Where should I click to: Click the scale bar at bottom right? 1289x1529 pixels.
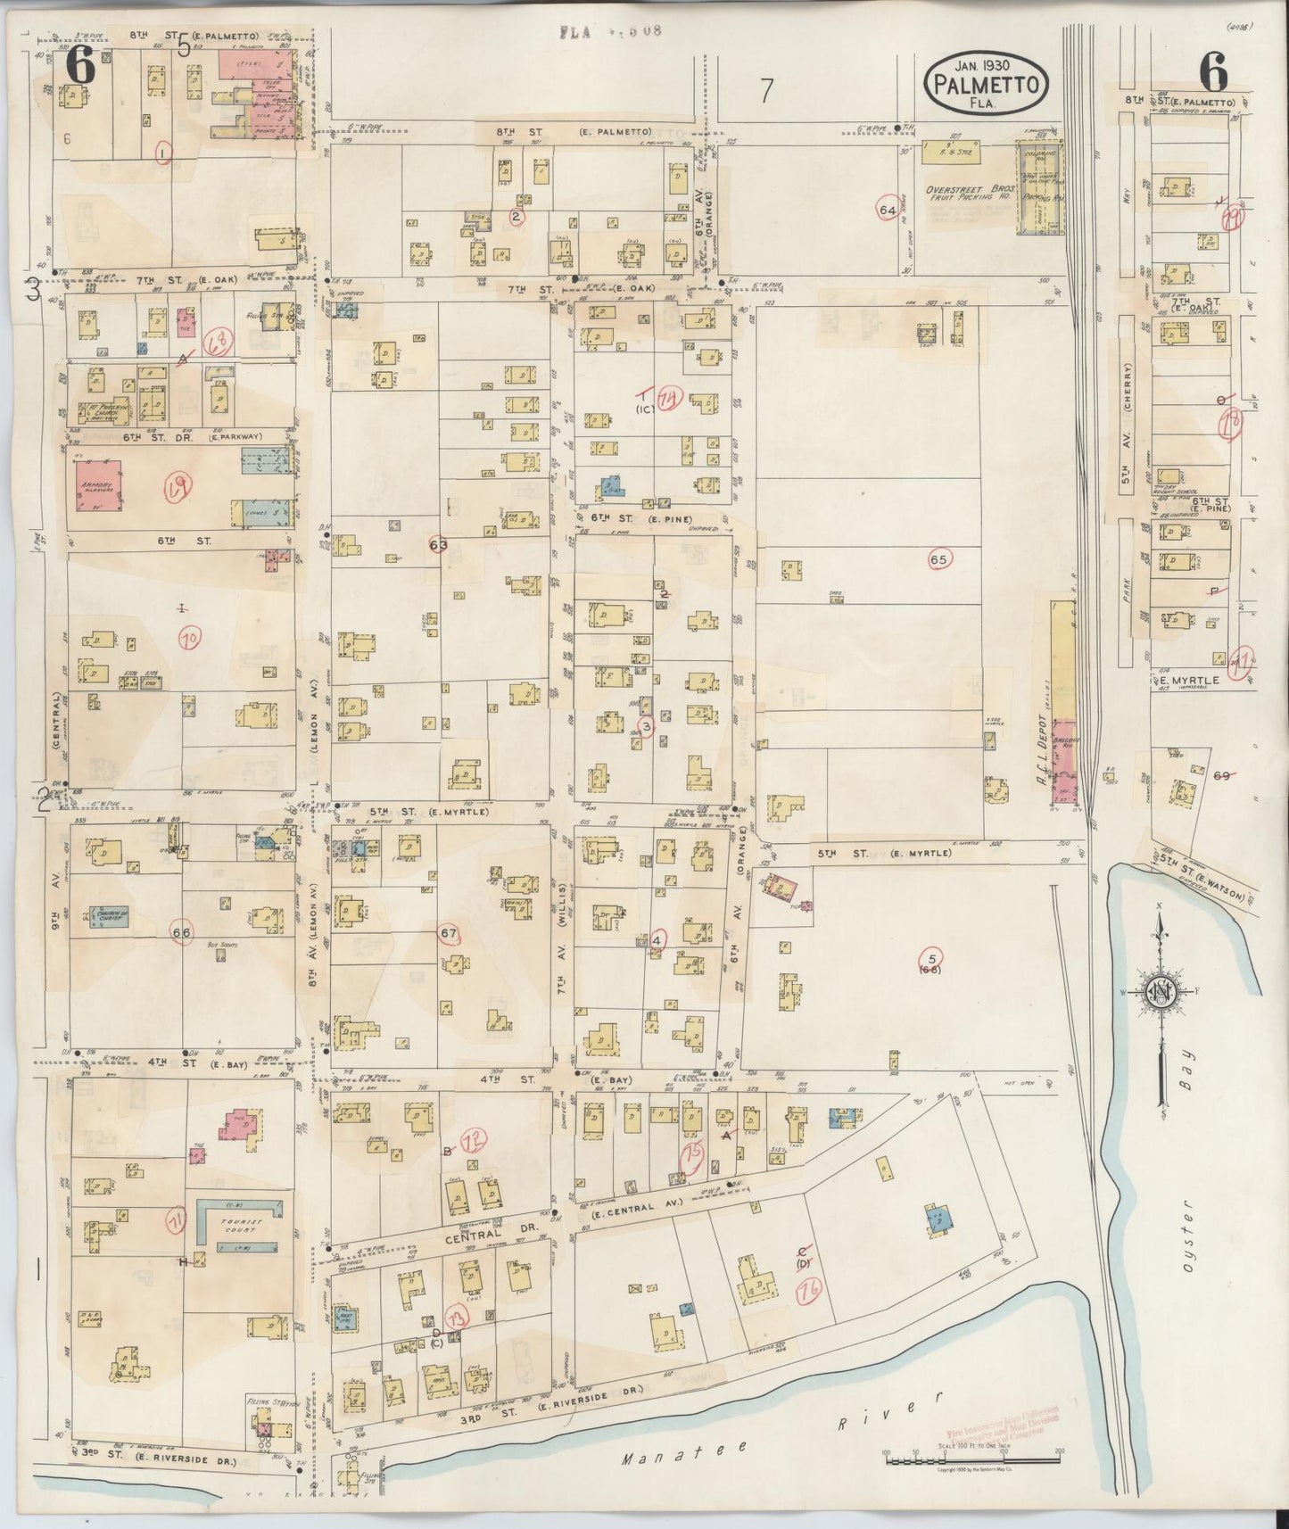click(971, 1459)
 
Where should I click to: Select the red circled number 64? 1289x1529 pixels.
click(887, 210)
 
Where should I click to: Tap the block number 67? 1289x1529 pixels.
click(449, 933)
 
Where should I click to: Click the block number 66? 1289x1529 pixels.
click(182, 932)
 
